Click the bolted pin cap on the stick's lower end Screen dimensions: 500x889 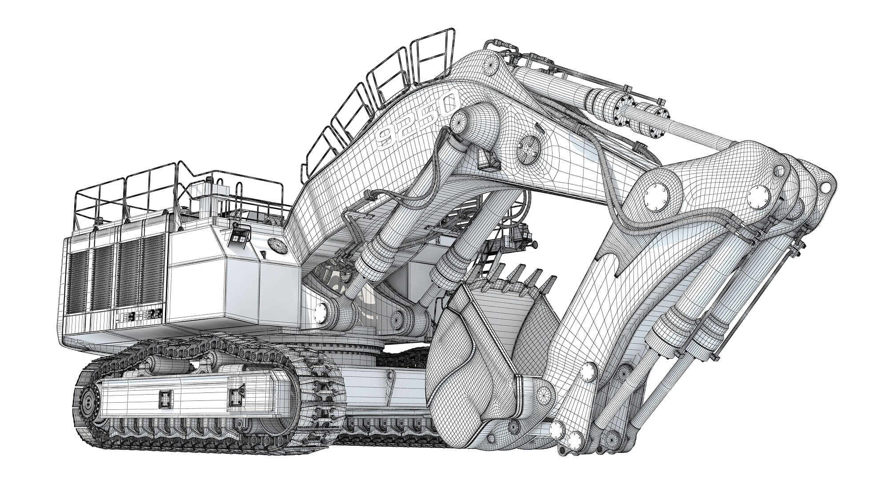coord(589,371)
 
